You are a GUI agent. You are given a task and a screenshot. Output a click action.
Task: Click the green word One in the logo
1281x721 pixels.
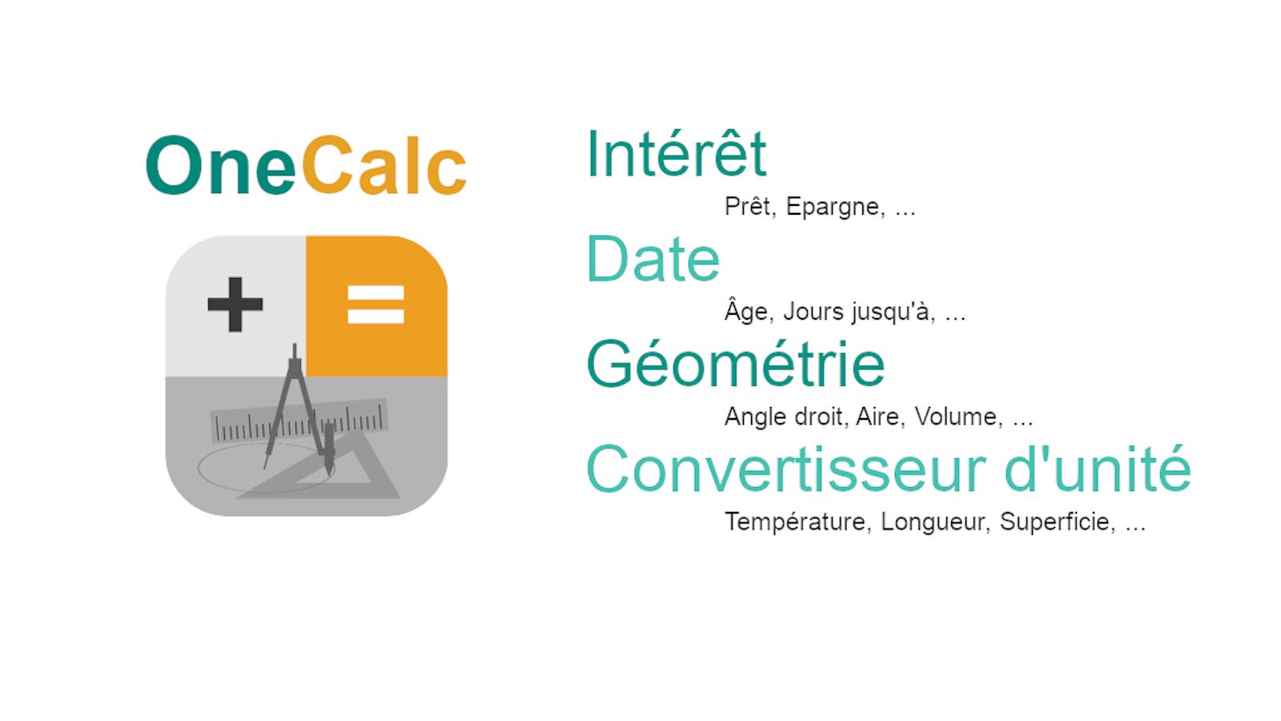(x=221, y=165)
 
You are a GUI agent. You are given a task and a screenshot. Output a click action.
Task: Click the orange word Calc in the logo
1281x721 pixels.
(x=384, y=165)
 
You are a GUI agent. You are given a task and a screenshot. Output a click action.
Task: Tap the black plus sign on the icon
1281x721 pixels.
(x=235, y=304)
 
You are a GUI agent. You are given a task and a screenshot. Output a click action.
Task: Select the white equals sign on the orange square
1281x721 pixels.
(x=375, y=304)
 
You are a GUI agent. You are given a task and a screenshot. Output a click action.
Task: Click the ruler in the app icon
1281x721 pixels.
(x=299, y=421)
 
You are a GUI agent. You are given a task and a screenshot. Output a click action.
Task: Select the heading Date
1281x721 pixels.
(x=653, y=259)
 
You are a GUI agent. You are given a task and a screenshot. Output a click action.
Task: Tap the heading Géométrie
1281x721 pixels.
(x=736, y=364)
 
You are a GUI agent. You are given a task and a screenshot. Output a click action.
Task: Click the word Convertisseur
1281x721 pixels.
(x=786, y=469)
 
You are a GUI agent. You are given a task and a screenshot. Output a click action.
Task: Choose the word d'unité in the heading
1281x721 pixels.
(x=1098, y=468)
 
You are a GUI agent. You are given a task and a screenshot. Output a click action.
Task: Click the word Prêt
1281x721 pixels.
(x=749, y=206)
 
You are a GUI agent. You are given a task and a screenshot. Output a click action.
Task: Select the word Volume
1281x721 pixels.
(x=958, y=417)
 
